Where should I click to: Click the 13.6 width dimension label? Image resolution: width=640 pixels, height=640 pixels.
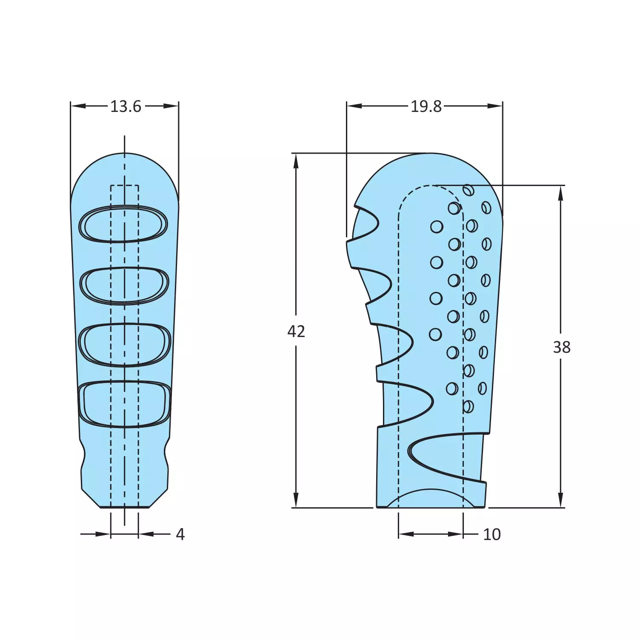tap(126, 106)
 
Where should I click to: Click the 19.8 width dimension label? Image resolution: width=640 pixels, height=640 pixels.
tap(426, 106)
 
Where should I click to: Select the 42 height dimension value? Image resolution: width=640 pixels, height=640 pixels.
tap(296, 331)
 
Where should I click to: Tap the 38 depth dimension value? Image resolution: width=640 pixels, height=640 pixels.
tap(561, 347)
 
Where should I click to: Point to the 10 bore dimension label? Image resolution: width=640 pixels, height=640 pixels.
tap(492, 534)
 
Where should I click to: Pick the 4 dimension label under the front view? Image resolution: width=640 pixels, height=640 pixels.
tap(180, 534)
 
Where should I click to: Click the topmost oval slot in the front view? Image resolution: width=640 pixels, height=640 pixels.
tap(124, 224)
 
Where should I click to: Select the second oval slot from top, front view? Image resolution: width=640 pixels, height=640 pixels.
tap(125, 286)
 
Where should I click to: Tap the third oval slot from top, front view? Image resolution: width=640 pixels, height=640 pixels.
tap(125, 345)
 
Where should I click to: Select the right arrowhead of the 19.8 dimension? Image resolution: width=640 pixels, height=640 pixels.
tap(495, 106)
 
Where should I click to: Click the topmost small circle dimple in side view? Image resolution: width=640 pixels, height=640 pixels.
tap(469, 190)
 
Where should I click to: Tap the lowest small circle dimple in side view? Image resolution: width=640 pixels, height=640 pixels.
tap(468, 406)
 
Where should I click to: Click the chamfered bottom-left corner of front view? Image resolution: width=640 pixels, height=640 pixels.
tap(90, 498)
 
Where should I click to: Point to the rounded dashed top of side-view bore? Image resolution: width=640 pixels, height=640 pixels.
tap(431, 186)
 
